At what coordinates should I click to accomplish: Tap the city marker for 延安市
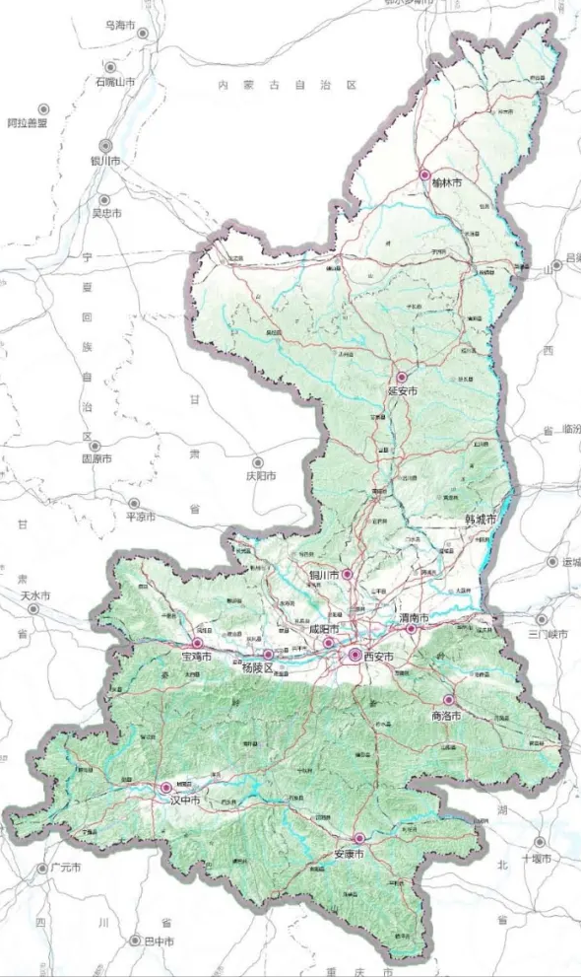[x=402, y=377]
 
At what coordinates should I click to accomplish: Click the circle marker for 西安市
[x=355, y=655]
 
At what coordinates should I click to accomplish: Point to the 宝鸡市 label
[x=197, y=656]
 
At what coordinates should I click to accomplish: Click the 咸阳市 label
[x=324, y=629]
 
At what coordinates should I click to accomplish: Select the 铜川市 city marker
[x=347, y=574]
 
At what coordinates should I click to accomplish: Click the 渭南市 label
[x=414, y=617]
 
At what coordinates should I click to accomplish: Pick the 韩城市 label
[x=481, y=519]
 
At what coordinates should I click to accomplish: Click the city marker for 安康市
[x=359, y=838]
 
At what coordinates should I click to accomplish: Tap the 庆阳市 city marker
[x=258, y=461]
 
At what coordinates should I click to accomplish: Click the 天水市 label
[x=34, y=596]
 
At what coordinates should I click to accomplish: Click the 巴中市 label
[x=160, y=942]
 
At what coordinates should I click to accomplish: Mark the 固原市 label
[x=97, y=459]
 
